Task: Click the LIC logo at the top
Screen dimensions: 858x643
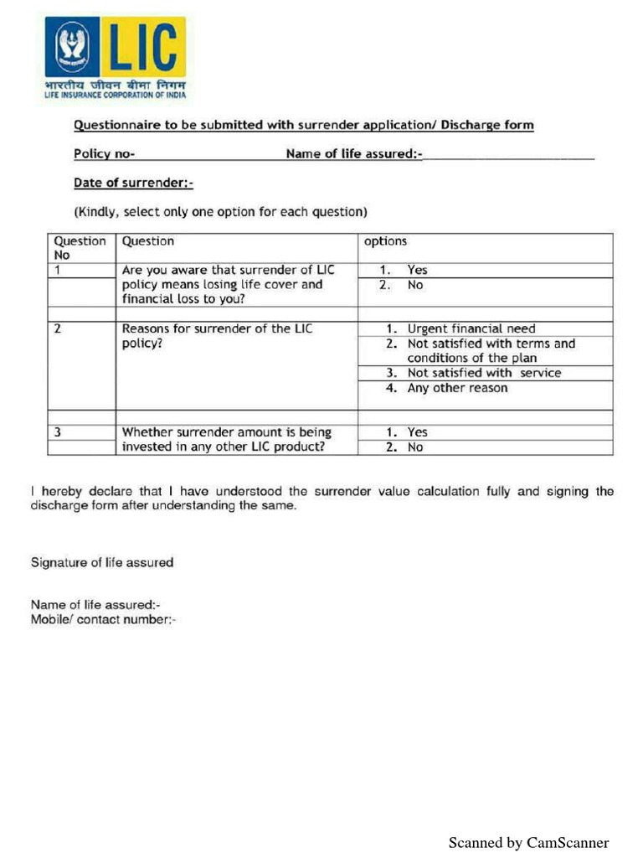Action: tap(115, 58)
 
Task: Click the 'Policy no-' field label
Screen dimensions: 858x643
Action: tap(104, 154)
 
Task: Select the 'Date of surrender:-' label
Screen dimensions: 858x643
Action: tap(133, 183)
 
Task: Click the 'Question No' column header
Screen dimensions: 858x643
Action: tap(80, 247)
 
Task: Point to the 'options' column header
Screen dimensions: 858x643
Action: tap(385, 241)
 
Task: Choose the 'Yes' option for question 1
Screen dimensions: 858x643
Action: tap(416, 270)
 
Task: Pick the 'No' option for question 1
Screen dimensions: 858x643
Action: tap(414, 285)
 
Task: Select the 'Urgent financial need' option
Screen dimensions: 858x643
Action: tap(471, 328)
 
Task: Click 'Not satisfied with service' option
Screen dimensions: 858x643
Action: tap(484, 373)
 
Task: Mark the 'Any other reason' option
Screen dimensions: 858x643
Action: tap(457, 388)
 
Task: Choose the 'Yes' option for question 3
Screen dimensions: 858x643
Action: tap(416, 432)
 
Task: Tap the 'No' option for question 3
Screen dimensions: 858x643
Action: tap(414, 447)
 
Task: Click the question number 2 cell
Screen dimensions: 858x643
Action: tap(58, 328)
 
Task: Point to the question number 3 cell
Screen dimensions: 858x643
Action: tap(58, 432)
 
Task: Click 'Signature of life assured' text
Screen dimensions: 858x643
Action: tap(102, 562)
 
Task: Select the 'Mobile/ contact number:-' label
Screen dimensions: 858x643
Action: tap(103, 620)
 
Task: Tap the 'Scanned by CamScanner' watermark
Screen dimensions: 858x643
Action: tap(528, 843)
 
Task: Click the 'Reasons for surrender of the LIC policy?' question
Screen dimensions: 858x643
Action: tap(217, 336)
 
